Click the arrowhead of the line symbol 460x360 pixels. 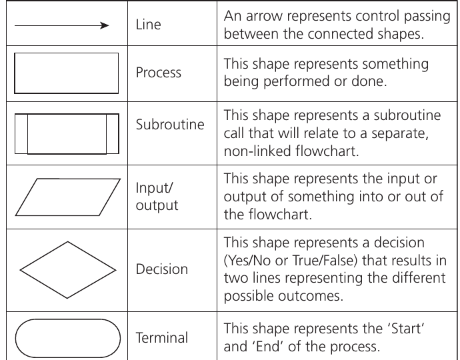click(x=105, y=25)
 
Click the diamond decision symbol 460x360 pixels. click(x=44, y=256)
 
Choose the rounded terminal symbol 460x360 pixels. click(x=68, y=319)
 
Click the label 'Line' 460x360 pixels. click(x=148, y=25)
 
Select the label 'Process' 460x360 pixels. click(x=159, y=73)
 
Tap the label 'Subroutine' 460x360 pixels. click(x=170, y=125)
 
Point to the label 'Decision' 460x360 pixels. click(x=161, y=269)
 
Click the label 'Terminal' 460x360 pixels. click(x=161, y=338)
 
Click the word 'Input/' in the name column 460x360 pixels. click(x=154, y=188)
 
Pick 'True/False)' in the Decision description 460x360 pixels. click(x=325, y=261)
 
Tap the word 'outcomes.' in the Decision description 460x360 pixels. click(x=311, y=296)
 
